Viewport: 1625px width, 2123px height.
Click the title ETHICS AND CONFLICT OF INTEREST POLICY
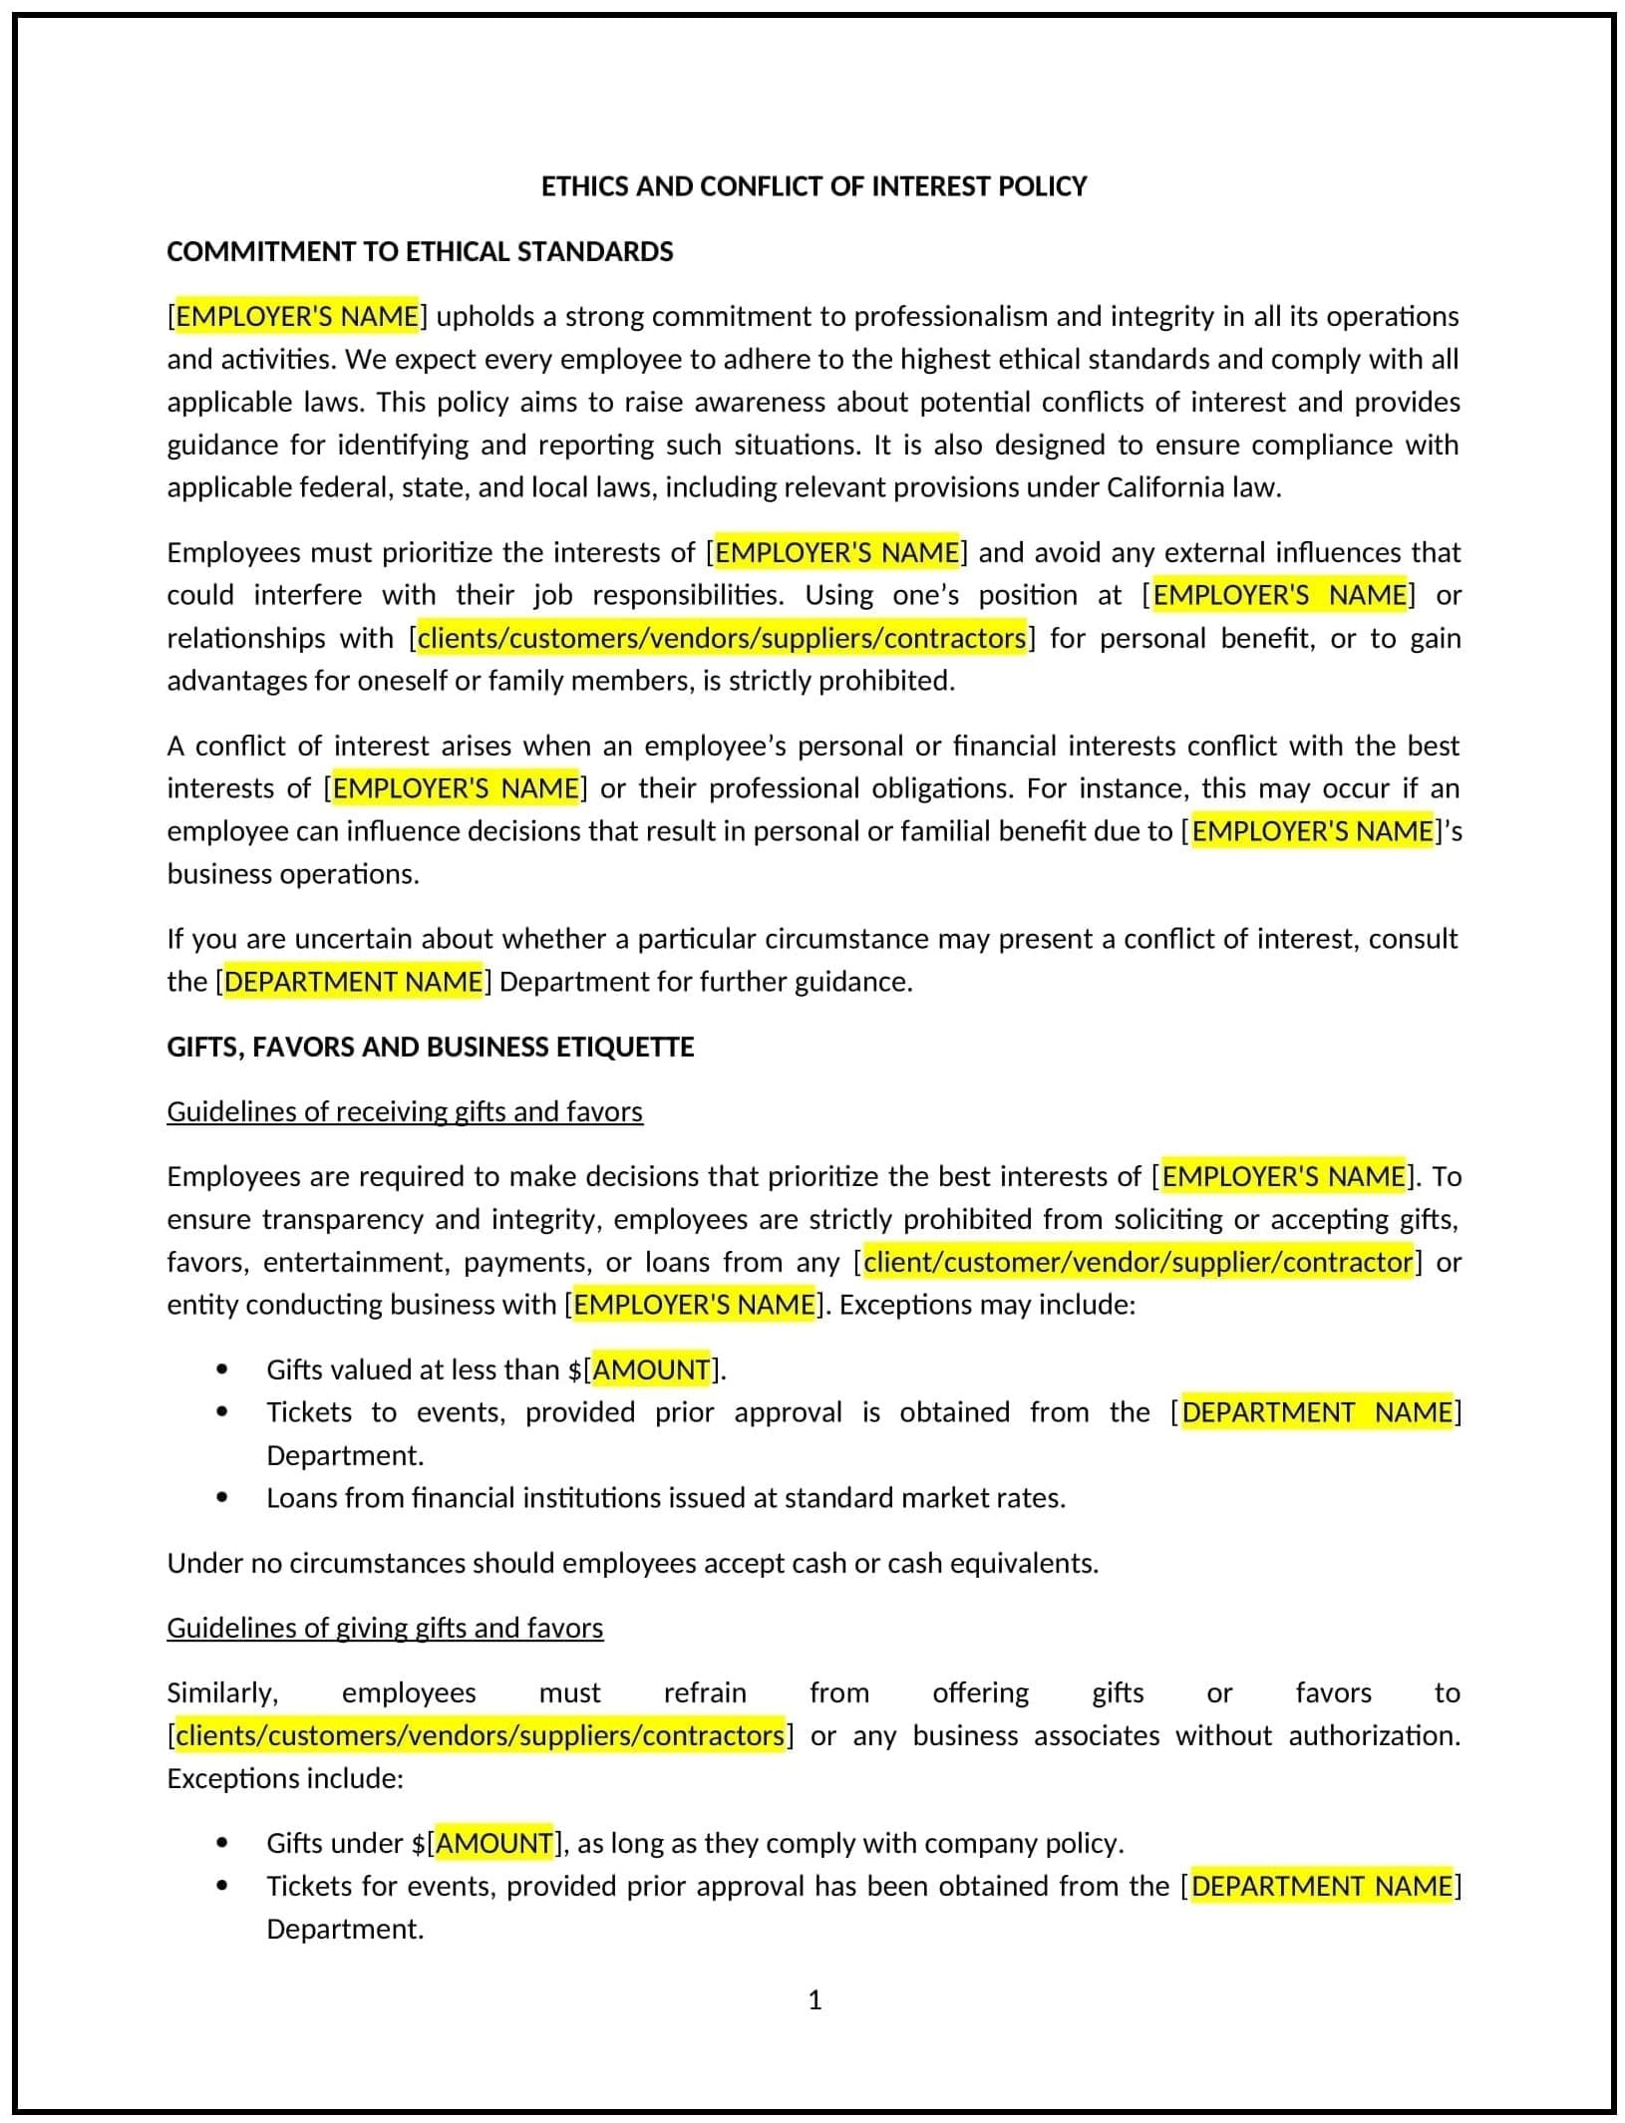click(813, 186)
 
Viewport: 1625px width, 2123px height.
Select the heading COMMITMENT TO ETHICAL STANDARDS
click(420, 251)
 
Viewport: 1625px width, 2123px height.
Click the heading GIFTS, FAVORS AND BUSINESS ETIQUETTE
click(430, 1047)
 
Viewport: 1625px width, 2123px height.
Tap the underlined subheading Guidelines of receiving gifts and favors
click(405, 1111)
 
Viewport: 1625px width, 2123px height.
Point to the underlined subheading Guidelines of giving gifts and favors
click(385, 1628)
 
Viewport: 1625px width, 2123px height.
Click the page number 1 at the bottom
click(814, 2000)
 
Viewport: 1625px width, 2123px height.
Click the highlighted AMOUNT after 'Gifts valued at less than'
click(652, 1369)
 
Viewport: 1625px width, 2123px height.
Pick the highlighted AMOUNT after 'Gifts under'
click(494, 1843)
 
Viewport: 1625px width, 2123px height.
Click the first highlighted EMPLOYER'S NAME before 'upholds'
click(297, 316)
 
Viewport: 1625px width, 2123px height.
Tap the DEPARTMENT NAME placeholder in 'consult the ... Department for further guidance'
click(354, 982)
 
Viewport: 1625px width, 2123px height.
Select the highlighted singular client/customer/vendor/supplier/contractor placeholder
click(1137, 1262)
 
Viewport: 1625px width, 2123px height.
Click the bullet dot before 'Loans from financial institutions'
click(221, 1497)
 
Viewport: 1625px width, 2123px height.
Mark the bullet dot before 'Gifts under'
click(221, 1843)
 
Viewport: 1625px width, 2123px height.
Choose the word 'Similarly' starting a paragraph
click(221, 1692)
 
